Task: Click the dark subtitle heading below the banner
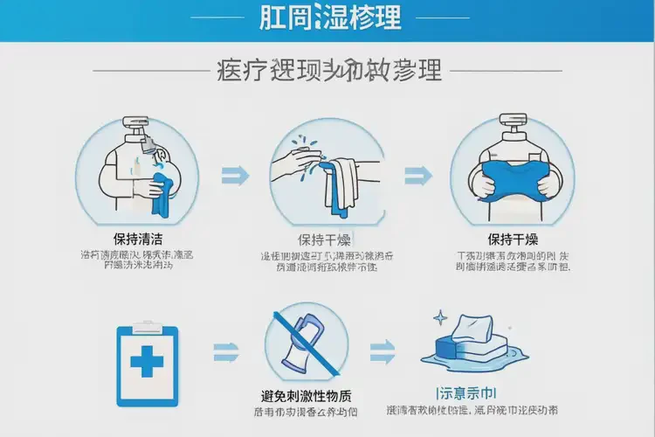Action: tap(327, 70)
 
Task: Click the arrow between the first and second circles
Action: tap(234, 174)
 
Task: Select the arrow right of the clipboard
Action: tap(226, 354)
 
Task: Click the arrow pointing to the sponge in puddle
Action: tap(383, 354)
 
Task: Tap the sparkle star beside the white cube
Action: tap(442, 318)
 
